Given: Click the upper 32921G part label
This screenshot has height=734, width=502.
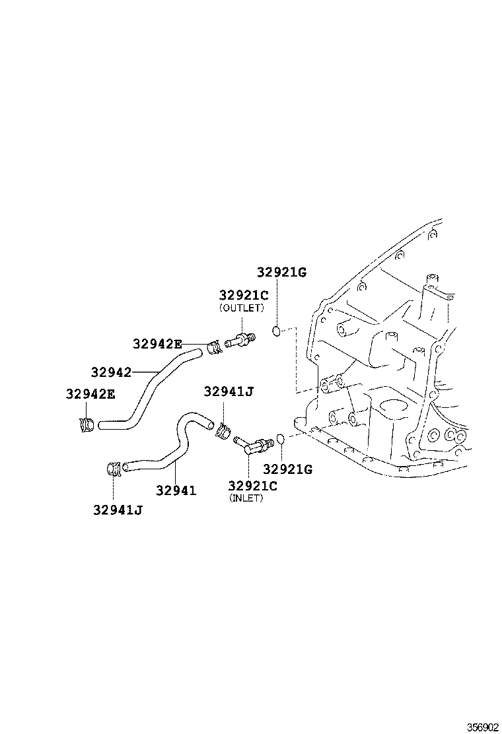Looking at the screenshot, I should [282, 273].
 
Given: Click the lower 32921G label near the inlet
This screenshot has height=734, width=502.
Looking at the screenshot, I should [288, 469].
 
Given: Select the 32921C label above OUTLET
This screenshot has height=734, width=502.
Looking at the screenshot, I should [244, 296].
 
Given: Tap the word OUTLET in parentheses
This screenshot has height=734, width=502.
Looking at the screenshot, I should [242, 308].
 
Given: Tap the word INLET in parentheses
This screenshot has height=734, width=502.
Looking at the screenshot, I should [246, 498].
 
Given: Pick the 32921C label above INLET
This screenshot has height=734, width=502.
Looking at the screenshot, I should [252, 486].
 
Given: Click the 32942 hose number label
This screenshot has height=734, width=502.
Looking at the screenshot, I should [111, 372].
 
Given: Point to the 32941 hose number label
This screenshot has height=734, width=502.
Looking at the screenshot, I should [176, 490].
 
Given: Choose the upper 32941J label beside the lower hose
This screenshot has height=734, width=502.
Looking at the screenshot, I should [228, 391].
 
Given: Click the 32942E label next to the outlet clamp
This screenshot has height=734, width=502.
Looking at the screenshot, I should [157, 343].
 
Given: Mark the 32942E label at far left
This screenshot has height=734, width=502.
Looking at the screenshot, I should [90, 395].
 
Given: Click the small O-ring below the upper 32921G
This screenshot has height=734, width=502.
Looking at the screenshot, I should [278, 330].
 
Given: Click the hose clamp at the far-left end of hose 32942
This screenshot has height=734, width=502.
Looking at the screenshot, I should [87, 424].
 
